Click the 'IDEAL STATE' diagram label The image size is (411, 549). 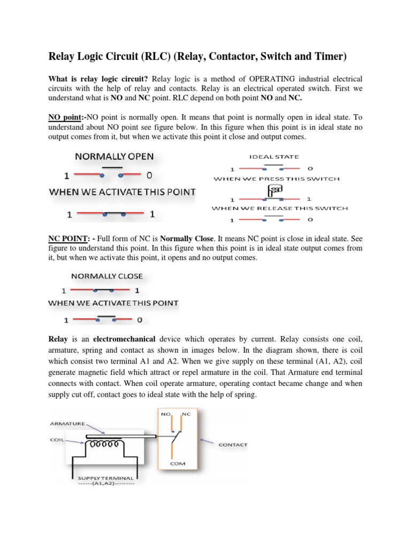point(273,157)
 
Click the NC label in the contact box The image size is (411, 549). point(187,414)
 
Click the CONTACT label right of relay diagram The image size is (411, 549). point(233,444)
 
